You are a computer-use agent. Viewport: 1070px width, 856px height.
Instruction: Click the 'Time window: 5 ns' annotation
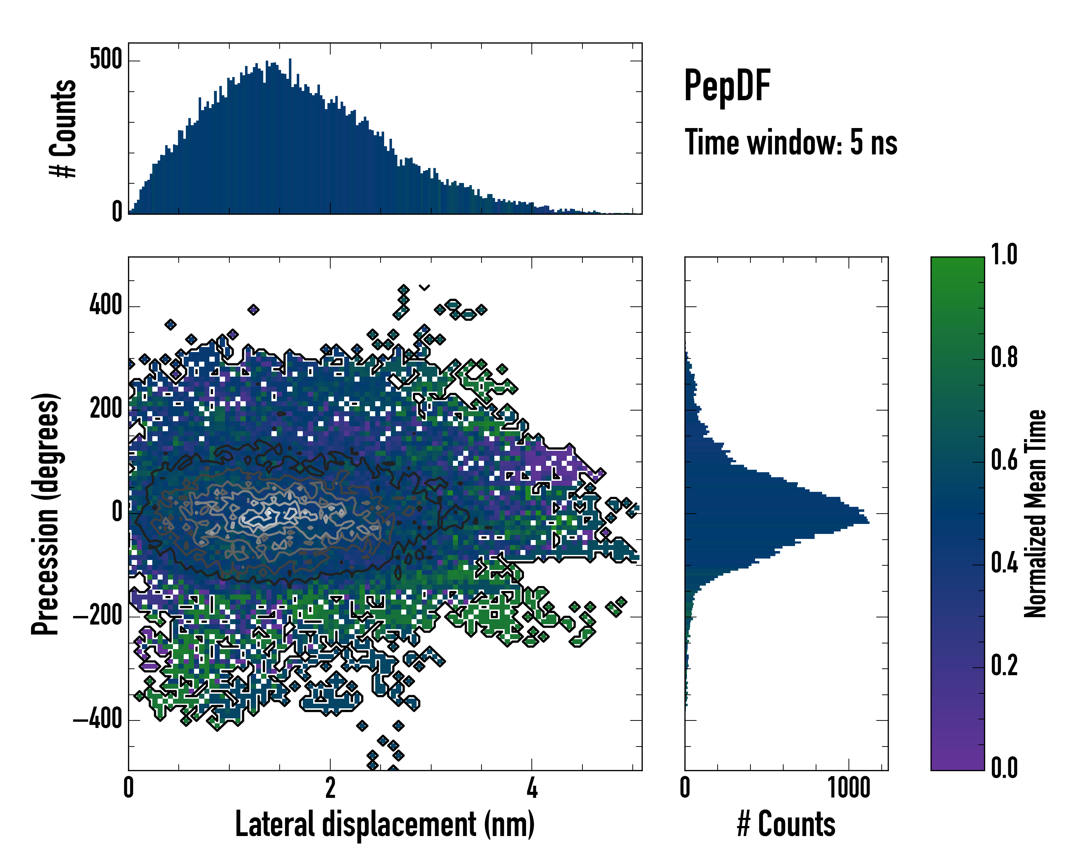[791, 142]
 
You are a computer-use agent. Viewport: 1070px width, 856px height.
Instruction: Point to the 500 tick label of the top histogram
[106, 60]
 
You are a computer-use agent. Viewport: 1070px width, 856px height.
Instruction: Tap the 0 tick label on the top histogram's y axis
[117, 212]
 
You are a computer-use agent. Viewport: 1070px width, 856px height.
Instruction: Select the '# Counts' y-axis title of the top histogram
[63, 128]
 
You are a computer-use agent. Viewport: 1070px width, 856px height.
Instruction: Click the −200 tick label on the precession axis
[98, 616]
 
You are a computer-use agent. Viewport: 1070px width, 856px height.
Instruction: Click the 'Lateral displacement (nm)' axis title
[384, 824]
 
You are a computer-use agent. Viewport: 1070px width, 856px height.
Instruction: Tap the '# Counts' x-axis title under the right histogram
[786, 824]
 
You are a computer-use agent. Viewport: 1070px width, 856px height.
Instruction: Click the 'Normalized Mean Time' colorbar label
[1035, 514]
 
